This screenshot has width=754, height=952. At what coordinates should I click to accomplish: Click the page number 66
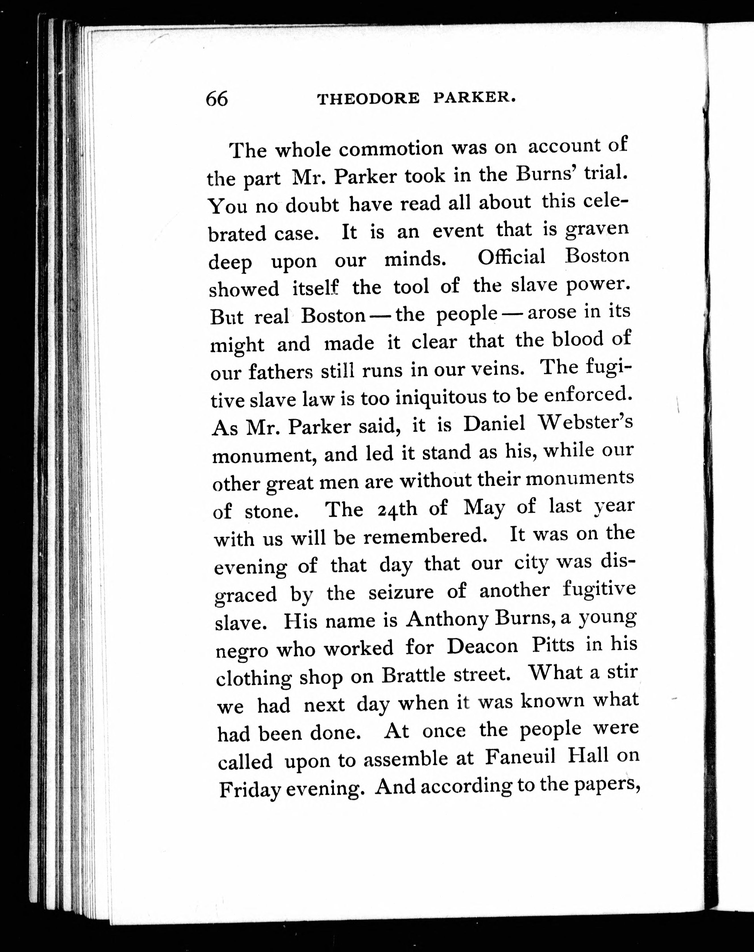[x=217, y=98]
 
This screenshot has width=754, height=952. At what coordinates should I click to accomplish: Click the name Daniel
[x=494, y=424]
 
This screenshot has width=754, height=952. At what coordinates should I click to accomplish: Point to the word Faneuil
[x=520, y=758]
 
